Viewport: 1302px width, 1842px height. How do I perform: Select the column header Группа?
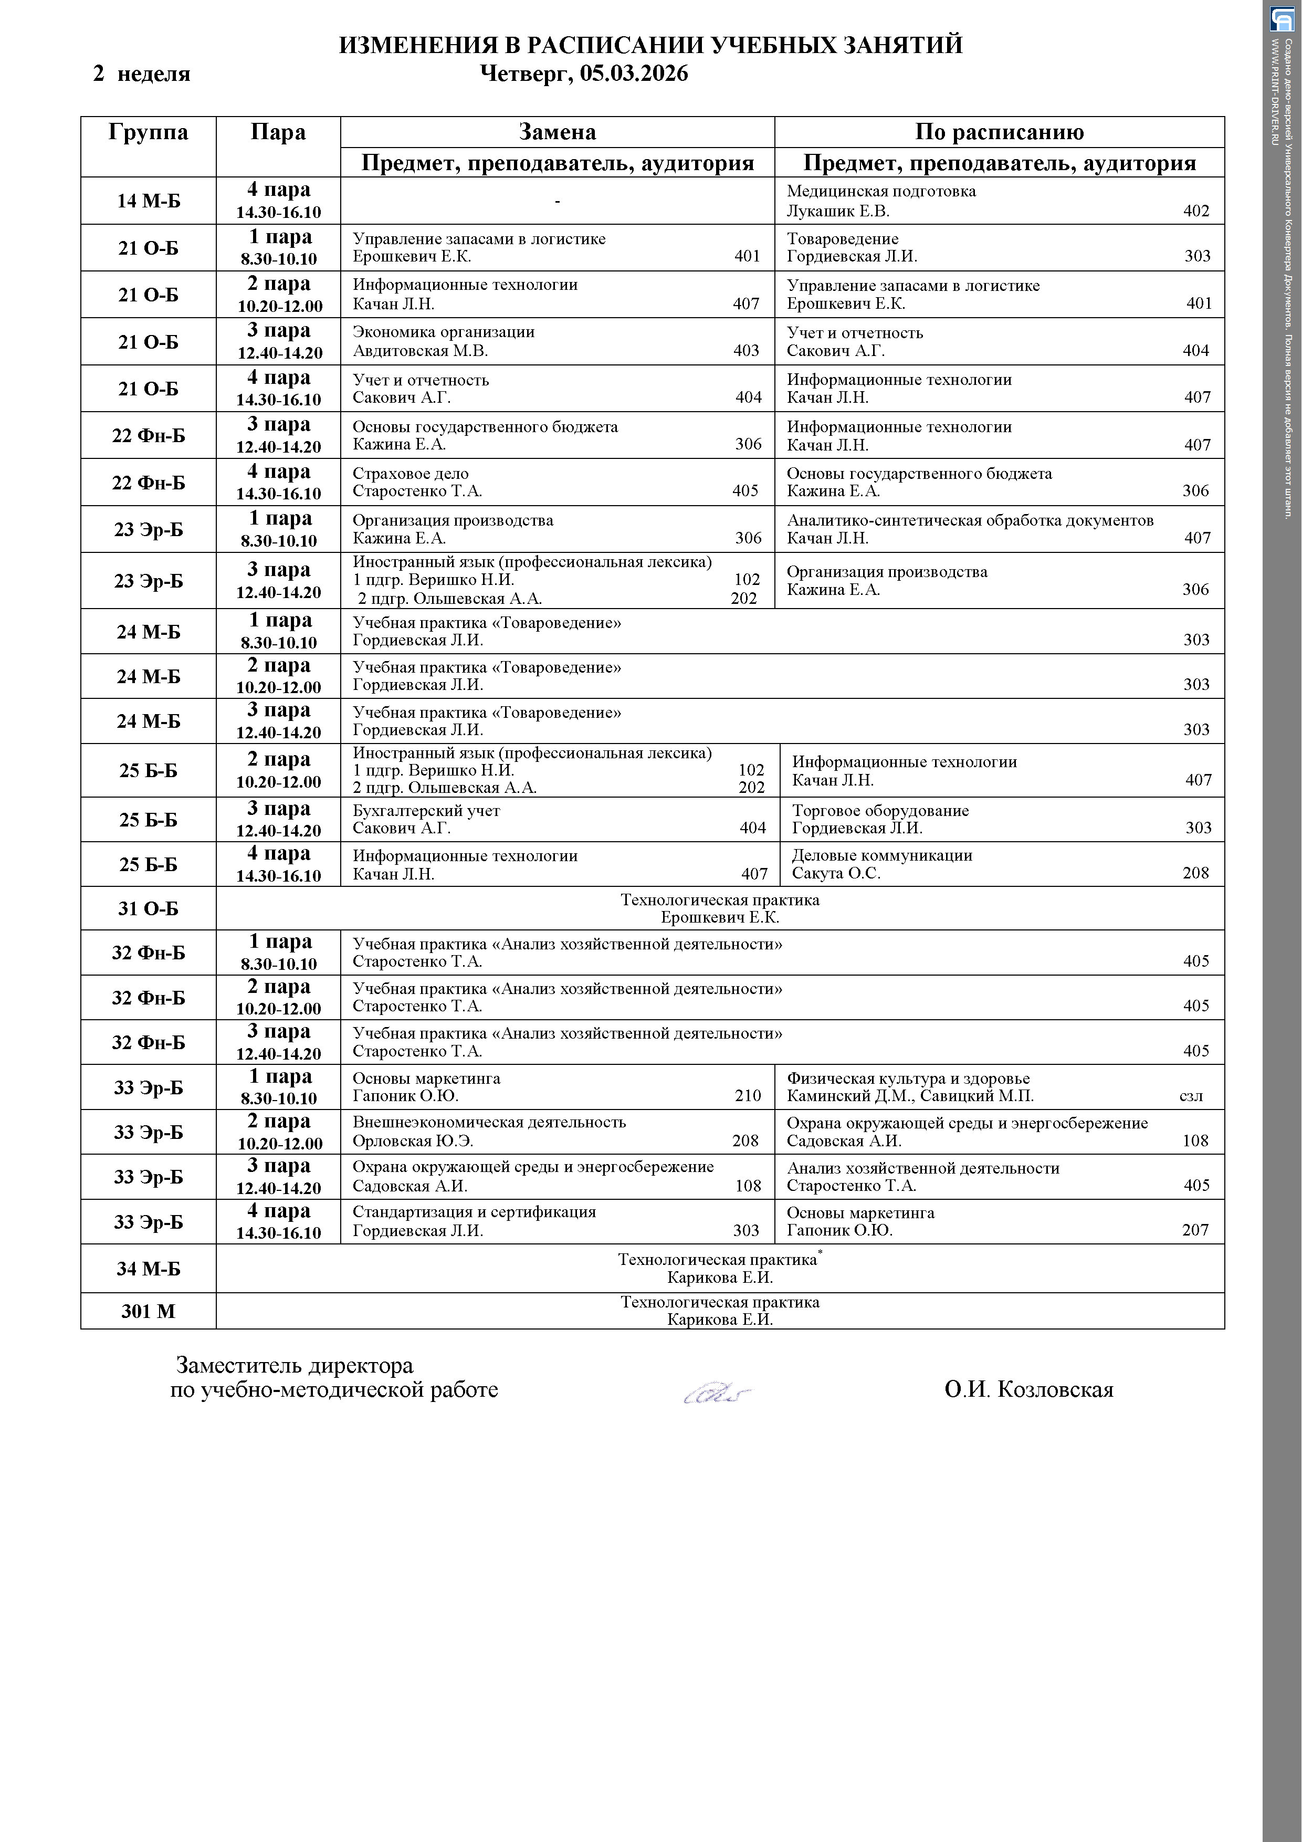point(149,132)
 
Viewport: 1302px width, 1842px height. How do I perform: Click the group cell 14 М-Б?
point(149,201)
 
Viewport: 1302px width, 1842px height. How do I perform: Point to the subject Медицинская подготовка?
point(881,191)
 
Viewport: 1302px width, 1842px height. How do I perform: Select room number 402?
point(1195,211)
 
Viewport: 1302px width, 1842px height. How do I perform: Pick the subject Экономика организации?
point(443,332)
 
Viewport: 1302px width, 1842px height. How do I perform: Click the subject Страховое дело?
point(410,473)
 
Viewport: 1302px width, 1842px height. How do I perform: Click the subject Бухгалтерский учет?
point(426,810)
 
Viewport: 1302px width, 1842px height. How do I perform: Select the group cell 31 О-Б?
point(149,909)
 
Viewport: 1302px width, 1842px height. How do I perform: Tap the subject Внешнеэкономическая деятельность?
point(489,1122)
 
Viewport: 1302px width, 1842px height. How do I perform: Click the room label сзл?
point(1191,1096)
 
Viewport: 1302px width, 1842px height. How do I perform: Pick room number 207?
point(1194,1230)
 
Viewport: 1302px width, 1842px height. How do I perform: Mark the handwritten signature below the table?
point(717,1392)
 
